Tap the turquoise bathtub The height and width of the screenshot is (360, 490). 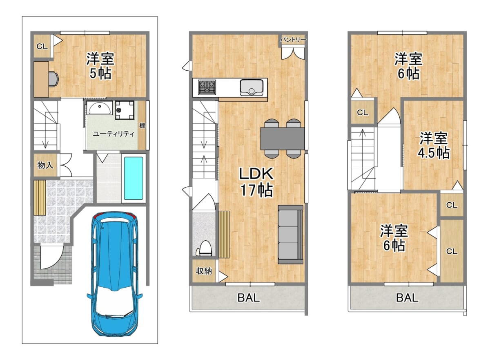click(x=134, y=178)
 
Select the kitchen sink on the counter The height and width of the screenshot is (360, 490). click(x=252, y=87)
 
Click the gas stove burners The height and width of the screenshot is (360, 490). click(x=207, y=87)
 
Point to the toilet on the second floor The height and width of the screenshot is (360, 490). click(x=205, y=248)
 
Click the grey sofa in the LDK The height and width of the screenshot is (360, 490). click(x=290, y=235)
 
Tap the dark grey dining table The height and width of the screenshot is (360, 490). click(x=282, y=139)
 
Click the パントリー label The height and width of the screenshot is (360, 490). click(x=293, y=40)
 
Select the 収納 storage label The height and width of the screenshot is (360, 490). click(x=204, y=271)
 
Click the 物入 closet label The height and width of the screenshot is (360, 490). click(x=45, y=165)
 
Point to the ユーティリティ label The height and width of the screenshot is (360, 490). click(x=114, y=134)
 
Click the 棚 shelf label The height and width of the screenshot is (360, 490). click(x=143, y=125)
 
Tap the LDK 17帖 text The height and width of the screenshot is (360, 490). click(x=256, y=182)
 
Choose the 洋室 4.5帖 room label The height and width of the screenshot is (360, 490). click(x=434, y=145)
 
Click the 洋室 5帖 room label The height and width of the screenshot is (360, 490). click(x=100, y=66)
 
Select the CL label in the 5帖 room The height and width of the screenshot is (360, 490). click(x=42, y=47)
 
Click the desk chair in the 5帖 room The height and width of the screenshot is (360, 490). click(x=53, y=79)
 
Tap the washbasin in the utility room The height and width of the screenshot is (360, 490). click(x=99, y=107)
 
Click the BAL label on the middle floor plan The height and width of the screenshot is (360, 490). click(x=249, y=297)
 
